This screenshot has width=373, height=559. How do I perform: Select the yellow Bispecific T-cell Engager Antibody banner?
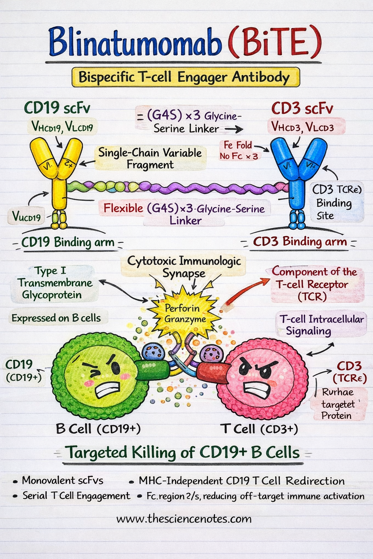pos(185,77)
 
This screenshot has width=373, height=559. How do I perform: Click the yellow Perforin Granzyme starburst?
pos(184,314)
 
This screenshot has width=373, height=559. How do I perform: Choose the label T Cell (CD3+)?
pos(259,429)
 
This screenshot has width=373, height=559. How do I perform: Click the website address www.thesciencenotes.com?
pos(184,519)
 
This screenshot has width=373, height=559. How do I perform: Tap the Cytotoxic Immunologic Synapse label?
pos(184,267)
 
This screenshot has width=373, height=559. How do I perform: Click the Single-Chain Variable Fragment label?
pos(150,158)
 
